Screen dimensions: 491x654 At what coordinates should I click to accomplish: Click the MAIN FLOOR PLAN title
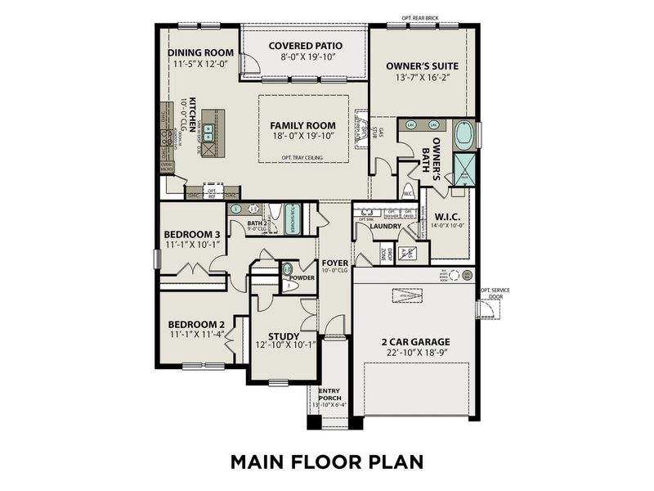[x=326, y=461]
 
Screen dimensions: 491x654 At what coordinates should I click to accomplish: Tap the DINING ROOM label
[x=200, y=53]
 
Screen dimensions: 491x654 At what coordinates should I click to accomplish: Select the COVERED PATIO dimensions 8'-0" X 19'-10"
[x=305, y=58]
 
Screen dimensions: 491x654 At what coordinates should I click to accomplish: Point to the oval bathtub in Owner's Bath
[x=464, y=134]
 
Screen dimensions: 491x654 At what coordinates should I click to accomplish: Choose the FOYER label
[x=334, y=263]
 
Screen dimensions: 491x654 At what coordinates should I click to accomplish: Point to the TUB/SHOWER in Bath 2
[x=293, y=218]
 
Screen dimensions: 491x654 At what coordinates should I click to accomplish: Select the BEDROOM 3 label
[x=194, y=235]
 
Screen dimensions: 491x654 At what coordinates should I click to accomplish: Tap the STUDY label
[x=284, y=336]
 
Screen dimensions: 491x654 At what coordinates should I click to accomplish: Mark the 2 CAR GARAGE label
[x=415, y=341]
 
